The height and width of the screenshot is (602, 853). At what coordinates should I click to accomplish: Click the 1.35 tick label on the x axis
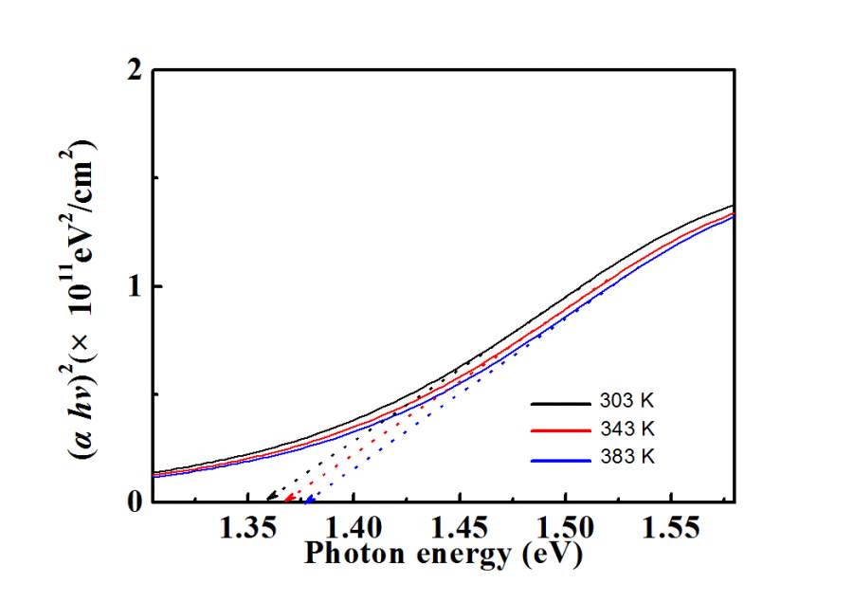tap(247, 528)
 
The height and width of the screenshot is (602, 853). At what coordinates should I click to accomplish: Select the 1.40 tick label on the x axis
tap(353, 528)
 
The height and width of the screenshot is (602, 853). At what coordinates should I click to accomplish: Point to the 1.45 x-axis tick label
tap(460, 528)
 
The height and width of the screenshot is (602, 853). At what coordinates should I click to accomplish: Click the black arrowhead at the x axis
tap(270, 497)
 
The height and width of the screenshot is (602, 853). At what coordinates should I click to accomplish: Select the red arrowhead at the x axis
tap(288, 497)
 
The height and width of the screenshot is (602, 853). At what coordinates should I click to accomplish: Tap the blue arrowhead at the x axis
tap(308, 497)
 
